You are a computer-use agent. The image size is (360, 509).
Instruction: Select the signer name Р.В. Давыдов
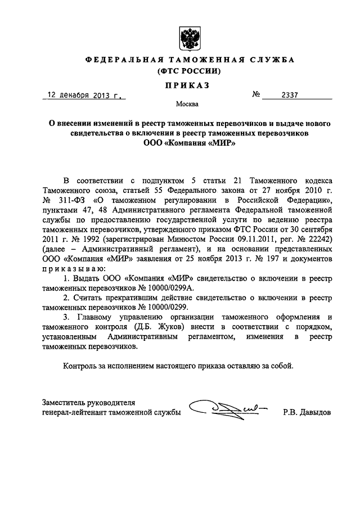pyautogui.click(x=308, y=413)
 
